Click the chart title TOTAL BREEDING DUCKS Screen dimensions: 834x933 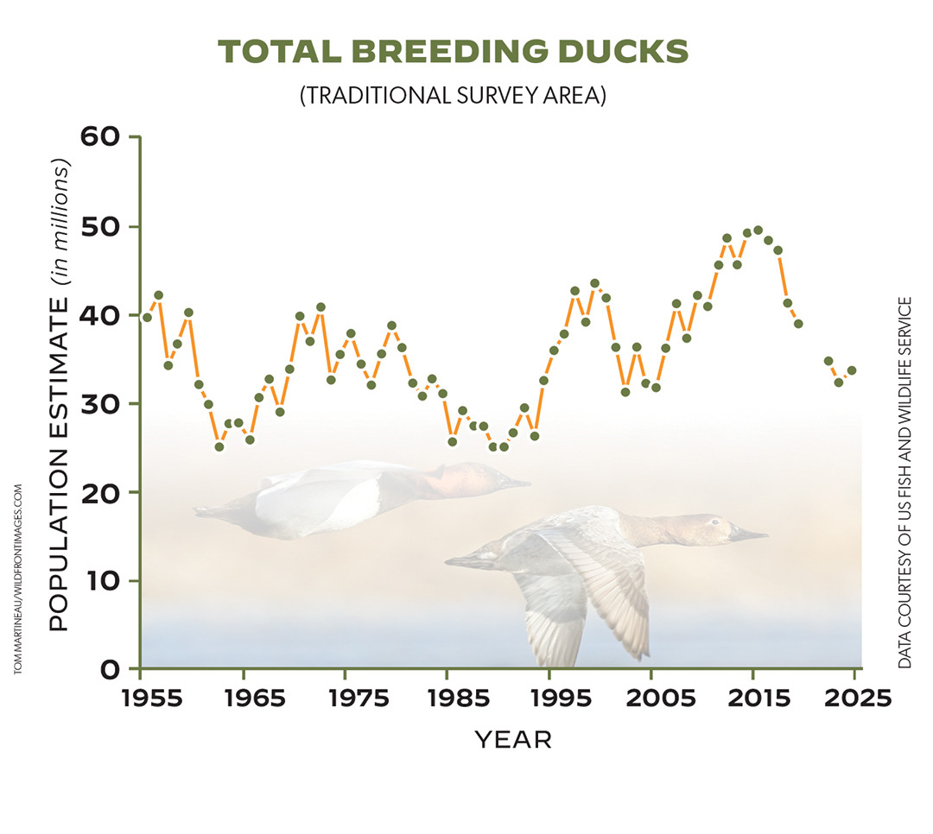tap(454, 53)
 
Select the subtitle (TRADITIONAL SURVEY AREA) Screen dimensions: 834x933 tap(453, 96)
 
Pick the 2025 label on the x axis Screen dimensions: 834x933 tap(854, 698)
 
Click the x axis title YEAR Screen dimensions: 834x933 tap(512, 740)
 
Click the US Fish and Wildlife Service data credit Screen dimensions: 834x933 tap(904, 483)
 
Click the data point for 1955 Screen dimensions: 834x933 tap(147, 317)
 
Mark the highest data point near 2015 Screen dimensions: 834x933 tap(758, 230)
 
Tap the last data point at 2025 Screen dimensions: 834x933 tap(852, 370)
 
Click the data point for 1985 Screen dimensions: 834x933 tap(452, 441)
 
